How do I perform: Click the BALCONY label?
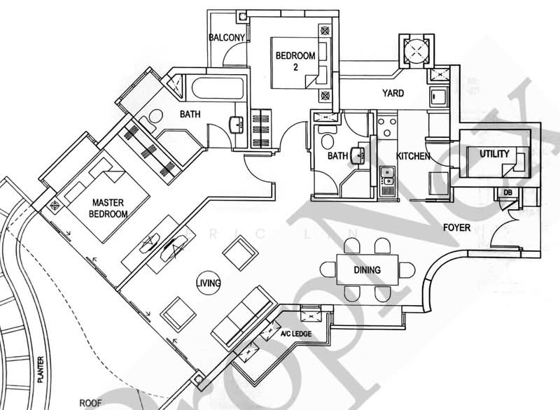coord(227,38)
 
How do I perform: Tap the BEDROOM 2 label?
coord(295,62)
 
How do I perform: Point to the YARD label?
coord(393,93)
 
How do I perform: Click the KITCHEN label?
coord(413,156)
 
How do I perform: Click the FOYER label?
coord(457,228)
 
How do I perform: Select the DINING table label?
coord(367,270)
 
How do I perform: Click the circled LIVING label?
coord(209,283)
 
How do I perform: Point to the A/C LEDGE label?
coord(296,334)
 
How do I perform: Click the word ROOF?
coord(90,402)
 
